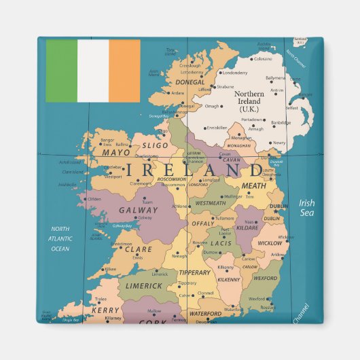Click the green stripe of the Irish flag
(x=61, y=71)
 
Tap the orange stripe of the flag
(x=124, y=71)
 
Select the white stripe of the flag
(x=93, y=71)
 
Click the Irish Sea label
(x=308, y=207)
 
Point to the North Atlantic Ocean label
(x=60, y=239)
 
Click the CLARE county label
(x=138, y=249)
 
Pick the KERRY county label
(x=105, y=310)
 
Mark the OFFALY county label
(x=203, y=223)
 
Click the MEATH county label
(x=254, y=185)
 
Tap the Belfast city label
(x=291, y=107)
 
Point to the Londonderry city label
(x=235, y=73)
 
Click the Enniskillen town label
(x=217, y=127)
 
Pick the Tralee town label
(x=101, y=299)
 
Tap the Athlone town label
(x=179, y=206)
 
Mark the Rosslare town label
(x=268, y=307)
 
